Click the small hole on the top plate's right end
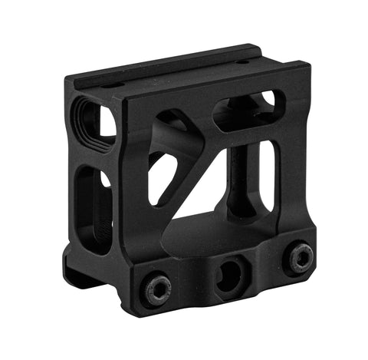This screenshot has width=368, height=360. (243, 62)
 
